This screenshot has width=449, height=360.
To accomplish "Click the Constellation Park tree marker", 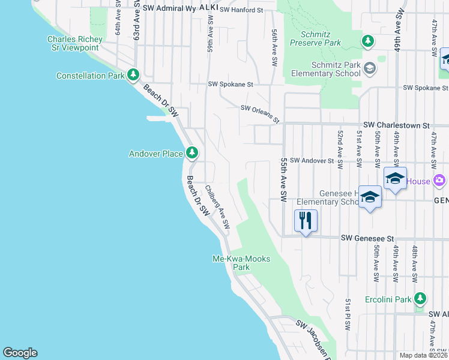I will click(133, 76).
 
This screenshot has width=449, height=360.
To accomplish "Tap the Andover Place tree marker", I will click(191, 153).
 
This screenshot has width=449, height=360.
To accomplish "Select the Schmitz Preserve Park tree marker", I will click(367, 41).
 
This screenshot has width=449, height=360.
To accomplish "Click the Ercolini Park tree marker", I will click(420, 299).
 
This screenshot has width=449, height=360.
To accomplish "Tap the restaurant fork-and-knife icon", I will click(306, 221).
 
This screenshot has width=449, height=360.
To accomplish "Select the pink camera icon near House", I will click(439, 180).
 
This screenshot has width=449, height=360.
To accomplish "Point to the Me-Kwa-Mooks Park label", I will click(241, 263).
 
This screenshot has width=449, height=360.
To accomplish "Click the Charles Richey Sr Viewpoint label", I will click(75, 43).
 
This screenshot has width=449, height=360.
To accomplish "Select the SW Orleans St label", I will click(260, 114).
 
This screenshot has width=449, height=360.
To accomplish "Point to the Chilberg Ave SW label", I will click(217, 207).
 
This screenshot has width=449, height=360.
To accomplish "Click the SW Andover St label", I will click(312, 161).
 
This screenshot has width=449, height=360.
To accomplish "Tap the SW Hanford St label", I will click(241, 10).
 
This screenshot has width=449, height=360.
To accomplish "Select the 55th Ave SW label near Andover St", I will click(283, 179).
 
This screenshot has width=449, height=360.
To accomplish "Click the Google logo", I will click(20, 353).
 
